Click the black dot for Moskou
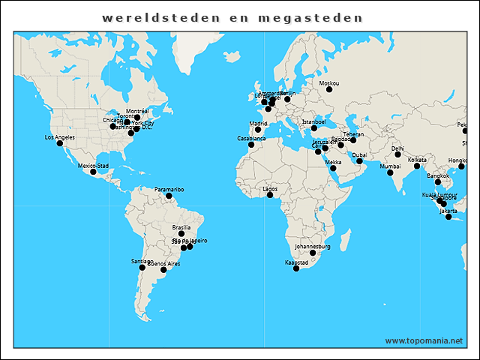[x=328, y=90]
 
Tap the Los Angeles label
[x=61, y=137]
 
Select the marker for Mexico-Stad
[x=94, y=172]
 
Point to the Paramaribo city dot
[x=169, y=196]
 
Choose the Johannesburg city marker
[x=313, y=253]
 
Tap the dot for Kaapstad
[x=296, y=268]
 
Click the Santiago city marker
[x=142, y=268]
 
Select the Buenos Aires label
[x=163, y=264]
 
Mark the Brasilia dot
[x=181, y=234]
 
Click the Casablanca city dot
[x=251, y=145]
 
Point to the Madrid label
[x=258, y=124]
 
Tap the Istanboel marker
[x=314, y=128]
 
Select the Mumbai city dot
[x=390, y=173]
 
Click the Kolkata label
[x=417, y=160]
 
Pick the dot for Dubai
[x=359, y=161]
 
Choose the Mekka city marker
[x=333, y=168]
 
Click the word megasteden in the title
[x=307, y=17]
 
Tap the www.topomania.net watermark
[x=424, y=341]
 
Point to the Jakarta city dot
[x=448, y=217]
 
